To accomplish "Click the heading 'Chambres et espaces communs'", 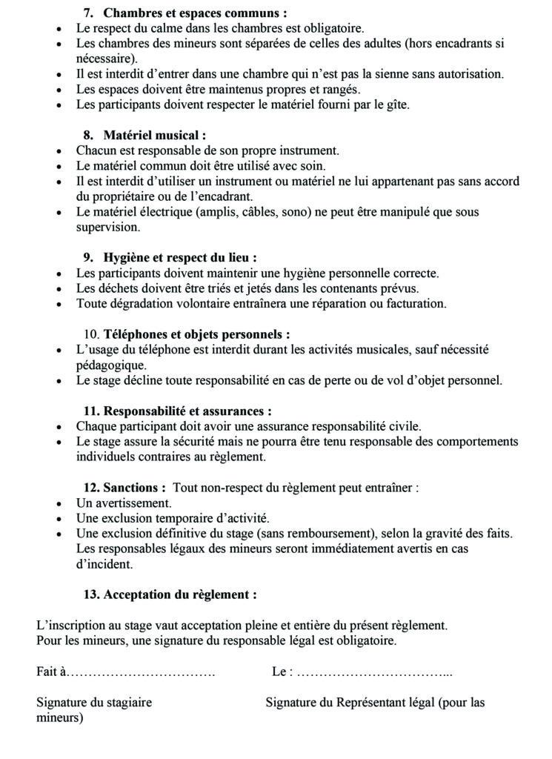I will coord(195,13).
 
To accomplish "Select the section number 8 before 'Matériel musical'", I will coord(87,135).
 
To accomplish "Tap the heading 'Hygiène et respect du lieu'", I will coord(180,257).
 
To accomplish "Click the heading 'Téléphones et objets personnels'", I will coord(196,334).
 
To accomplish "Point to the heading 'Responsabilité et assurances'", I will coord(187,411).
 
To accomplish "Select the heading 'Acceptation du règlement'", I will coord(180,594).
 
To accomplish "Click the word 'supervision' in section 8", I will coord(107,228).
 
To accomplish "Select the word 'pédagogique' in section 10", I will coord(111,365).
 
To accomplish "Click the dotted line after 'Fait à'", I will coord(141,672).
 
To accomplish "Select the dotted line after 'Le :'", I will coord(374,672).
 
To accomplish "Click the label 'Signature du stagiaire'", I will coord(94,702).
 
